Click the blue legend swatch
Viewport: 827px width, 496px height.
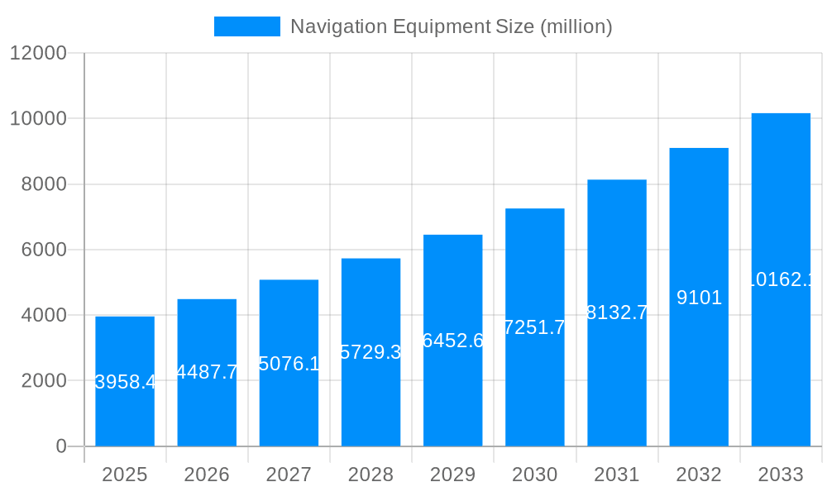click(246, 26)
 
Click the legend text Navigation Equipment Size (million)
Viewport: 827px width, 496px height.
click(451, 26)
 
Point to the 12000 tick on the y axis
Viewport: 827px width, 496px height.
click(38, 53)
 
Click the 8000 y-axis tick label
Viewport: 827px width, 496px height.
click(43, 184)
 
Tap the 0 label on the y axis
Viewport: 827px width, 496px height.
click(61, 446)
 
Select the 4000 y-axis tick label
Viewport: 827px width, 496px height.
click(43, 315)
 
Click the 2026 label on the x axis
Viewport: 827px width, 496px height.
click(207, 475)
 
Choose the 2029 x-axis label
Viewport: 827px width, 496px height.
click(452, 475)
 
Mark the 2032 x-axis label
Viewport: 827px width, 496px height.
click(699, 475)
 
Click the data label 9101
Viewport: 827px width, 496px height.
click(699, 298)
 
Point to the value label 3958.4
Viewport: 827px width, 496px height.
click(125, 382)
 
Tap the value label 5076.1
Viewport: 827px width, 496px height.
click(289, 364)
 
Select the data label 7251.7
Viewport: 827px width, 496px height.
click(535, 327)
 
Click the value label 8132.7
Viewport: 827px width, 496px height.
click(617, 312)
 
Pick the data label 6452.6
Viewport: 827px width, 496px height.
click(452, 341)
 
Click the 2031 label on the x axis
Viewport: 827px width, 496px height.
click(617, 475)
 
